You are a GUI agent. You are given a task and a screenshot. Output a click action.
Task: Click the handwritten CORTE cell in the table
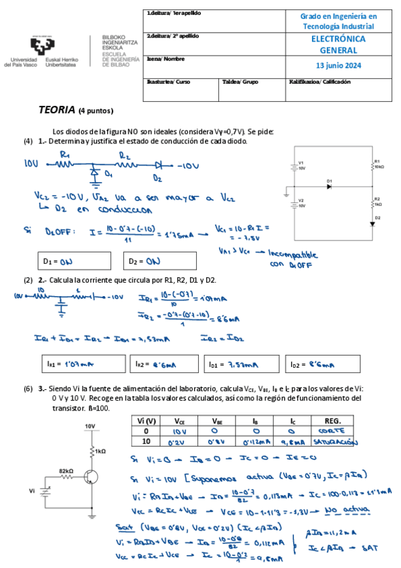[x=332, y=432]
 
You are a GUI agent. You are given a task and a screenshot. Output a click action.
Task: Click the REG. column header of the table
[x=332, y=421]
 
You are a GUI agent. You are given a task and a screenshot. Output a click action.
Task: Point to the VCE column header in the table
[x=180, y=421]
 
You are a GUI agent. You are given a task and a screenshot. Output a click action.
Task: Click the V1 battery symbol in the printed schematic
[x=293, y=166]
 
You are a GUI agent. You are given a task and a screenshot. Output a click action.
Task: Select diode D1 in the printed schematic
[x=329, y=186]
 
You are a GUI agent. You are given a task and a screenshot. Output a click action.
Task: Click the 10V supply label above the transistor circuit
[x=89, y=426]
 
